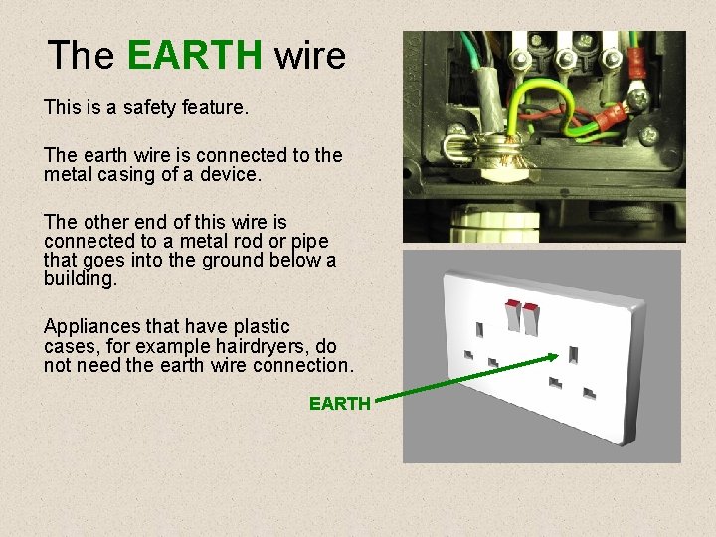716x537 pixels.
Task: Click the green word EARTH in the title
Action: pyautogui.click(x=196, y=55)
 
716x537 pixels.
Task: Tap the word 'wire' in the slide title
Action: pyautogui.click(x=310, y=55)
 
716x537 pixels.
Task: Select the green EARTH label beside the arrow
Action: pyautogui.click(x=340, y=403)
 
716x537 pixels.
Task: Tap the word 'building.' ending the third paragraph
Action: pyautogui.click(x=81, y=279)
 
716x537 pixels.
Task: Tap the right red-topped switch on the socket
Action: pyautogui.click(x=531, y=317)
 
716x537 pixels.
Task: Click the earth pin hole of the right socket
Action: pyautogui.click(x=575, y=353)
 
